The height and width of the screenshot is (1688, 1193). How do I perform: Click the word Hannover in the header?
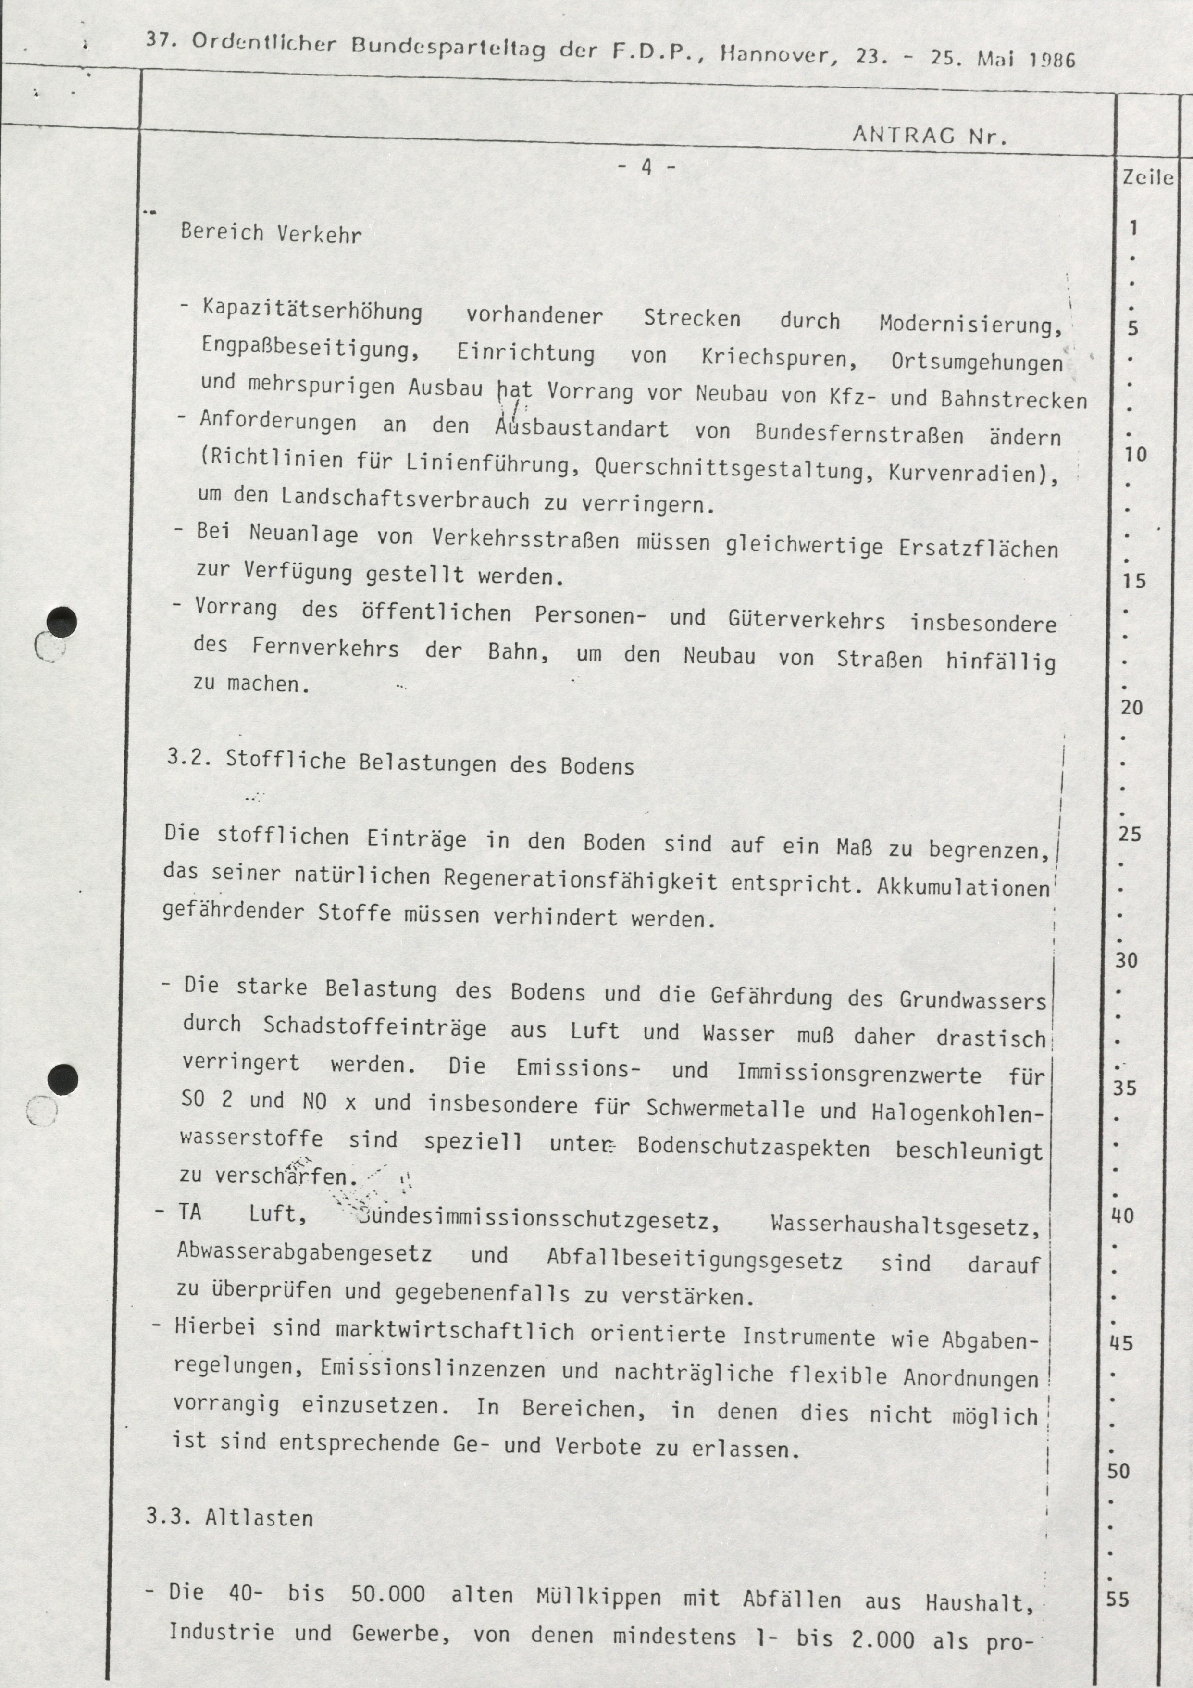pos(775,54)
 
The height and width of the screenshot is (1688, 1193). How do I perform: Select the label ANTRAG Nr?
pos(928,135)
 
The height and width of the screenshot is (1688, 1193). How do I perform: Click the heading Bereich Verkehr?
pos(271,234)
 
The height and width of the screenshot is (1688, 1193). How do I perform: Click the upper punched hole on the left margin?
pos(61,622)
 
